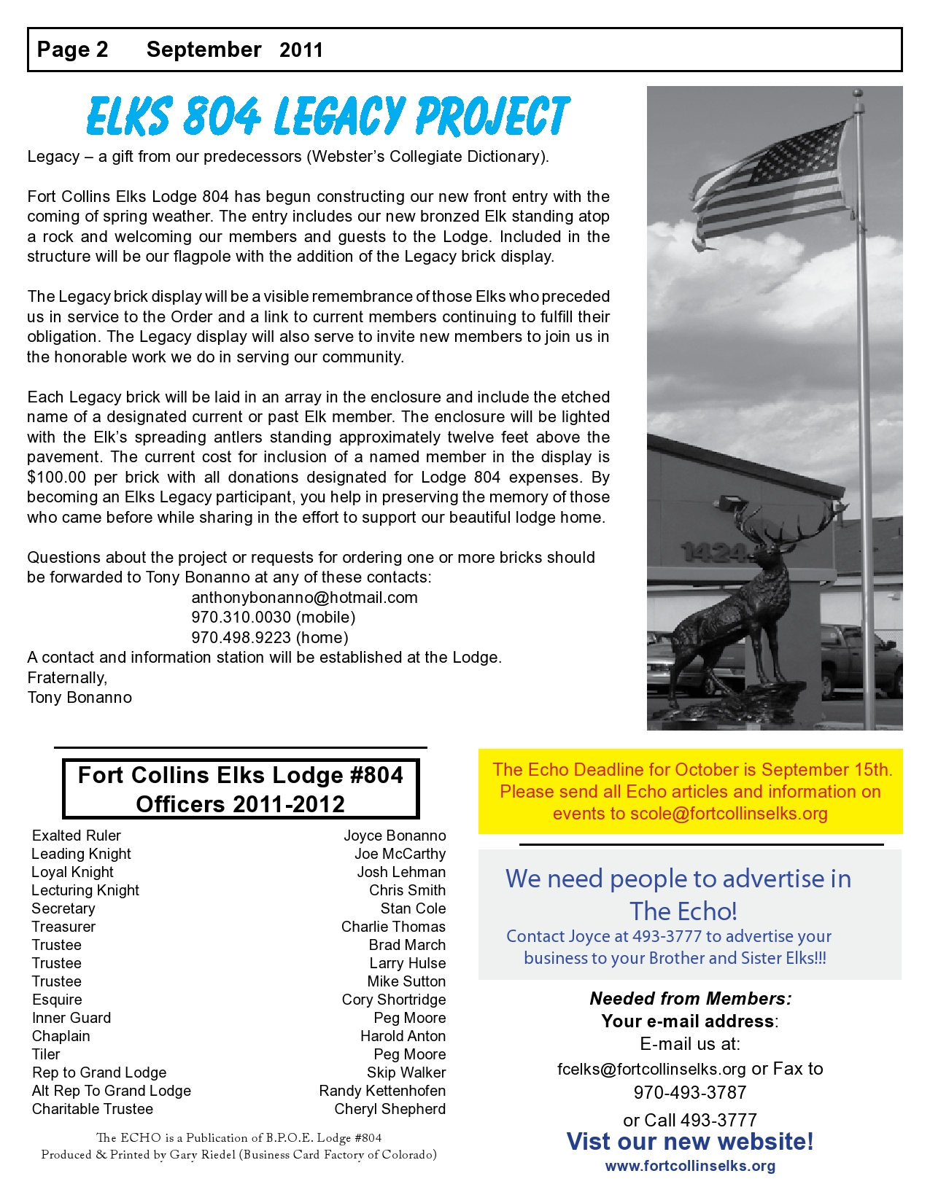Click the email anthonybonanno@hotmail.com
click(x=304, y=598)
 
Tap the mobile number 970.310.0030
click(x=241, y=618)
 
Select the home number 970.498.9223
click(x=241, y=638)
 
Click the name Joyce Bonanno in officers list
click(x=395, y=836)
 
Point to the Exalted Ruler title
click(x=77, y=836)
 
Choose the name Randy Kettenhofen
click(x=382, y=1091)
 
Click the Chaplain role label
click(x=61, y=1036)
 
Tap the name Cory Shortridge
click(x=394, y=1000)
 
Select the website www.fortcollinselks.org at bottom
click(x=690, y=1166)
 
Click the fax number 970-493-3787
click(x=690, y=1093)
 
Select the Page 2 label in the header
click(x=72, y=50)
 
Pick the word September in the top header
click(x=204, y=50)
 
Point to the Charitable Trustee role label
click(x=93, y=1109)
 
